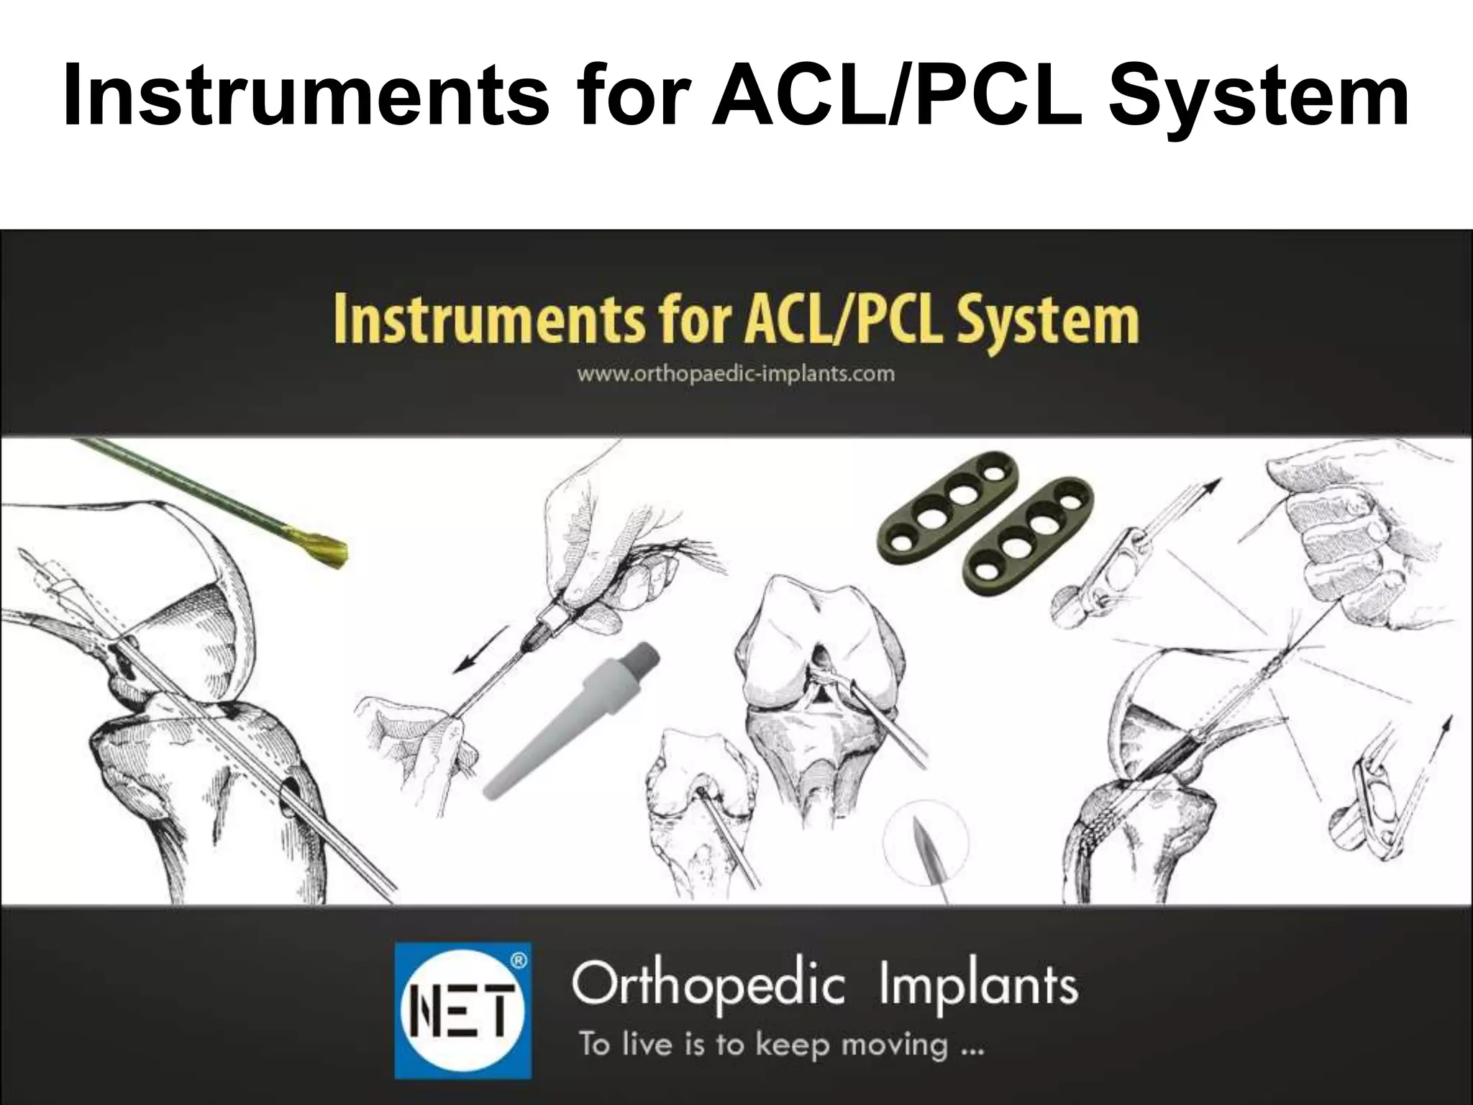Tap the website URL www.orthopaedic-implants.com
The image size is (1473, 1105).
pos(736,374)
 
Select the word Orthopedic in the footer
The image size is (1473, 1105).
pos(708,985)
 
